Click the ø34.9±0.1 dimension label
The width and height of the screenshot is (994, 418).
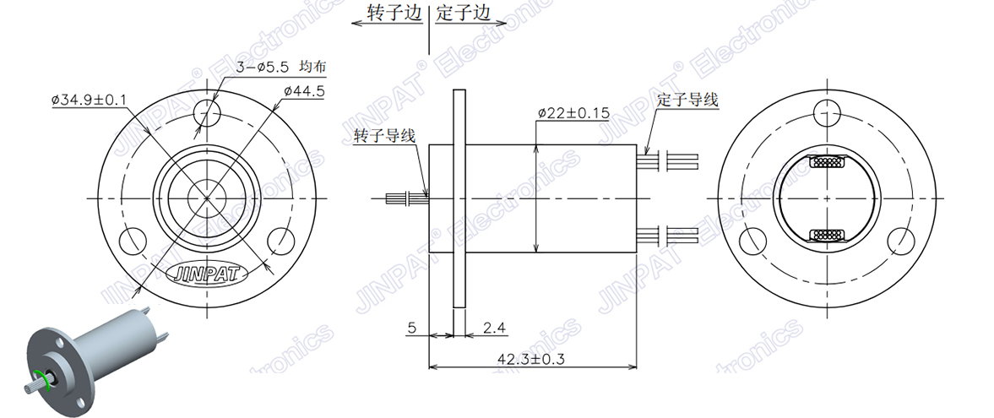point(89,100)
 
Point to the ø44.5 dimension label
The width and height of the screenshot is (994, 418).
point(304,91)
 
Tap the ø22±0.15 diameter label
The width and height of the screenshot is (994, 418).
point(573,112)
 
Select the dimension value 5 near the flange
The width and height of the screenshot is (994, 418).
point(411,327)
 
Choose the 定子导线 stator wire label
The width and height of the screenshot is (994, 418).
point(687,100)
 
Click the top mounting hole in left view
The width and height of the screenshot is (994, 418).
point(207,112)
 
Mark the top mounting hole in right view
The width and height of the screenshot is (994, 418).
point(828,112)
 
